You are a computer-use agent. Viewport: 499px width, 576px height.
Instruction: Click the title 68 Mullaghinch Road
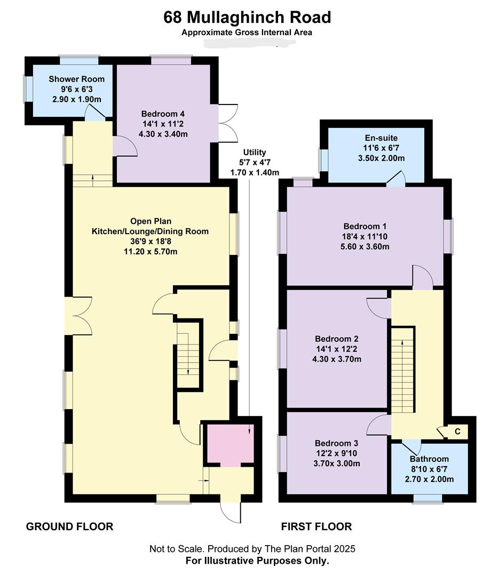tap(247, 17)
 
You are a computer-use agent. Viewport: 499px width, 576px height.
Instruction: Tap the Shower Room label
tap(76, 79)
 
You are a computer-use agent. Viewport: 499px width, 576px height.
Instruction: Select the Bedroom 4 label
tap(163, 114)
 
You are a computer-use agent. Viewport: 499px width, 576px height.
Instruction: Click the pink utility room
tap(230, 444)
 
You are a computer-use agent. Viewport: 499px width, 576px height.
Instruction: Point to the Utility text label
tap(255, 152)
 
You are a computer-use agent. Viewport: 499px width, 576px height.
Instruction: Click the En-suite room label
tap(382, 138)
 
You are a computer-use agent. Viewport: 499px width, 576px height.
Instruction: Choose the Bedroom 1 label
tap(365, 226)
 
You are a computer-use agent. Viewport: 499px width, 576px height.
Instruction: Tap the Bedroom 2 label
tap(336, 339)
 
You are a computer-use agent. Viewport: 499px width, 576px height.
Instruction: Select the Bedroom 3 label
tap(336, 443)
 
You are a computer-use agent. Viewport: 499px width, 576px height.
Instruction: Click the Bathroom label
tap(429, 459)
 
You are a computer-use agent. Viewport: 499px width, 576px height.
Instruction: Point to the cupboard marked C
tap(457, 431)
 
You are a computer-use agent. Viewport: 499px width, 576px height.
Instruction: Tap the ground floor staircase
tap(188, 355)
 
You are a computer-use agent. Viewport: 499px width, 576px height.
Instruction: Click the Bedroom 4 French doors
tap(227, 124)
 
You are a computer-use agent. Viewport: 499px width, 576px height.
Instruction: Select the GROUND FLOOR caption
tap(69, 527)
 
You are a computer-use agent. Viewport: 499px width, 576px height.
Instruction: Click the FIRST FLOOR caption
tap(316, 527)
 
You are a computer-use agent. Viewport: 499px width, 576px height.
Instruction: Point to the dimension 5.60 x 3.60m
tap(365, 246)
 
